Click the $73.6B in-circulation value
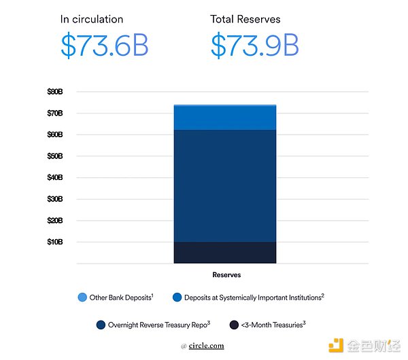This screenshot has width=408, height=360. (104, 45)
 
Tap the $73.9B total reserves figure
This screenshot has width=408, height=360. (255, 45)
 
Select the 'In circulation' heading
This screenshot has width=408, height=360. (92, 19)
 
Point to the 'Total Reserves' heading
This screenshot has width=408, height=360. (245, 19)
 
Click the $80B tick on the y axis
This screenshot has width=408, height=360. (55, 92)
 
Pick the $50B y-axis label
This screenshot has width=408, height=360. (55, 156)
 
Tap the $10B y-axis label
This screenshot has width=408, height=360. (55, 242)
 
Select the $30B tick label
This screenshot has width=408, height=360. (55, 199)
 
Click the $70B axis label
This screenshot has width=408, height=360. (55, 113)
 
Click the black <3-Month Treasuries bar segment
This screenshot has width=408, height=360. (225, 253)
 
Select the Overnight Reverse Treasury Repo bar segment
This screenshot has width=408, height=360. (225, 185)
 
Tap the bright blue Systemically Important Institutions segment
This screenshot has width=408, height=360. (225, 118)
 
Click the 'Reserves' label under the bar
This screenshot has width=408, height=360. (226, 274)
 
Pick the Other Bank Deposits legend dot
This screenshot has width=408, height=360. (82, 298)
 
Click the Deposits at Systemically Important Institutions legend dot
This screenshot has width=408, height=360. (177, 298)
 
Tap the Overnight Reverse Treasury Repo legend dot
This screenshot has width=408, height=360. (101, 325)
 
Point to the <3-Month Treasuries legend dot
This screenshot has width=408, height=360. (234, 325)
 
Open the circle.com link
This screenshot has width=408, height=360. (206, 346)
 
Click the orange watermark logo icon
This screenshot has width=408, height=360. (336, 346)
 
